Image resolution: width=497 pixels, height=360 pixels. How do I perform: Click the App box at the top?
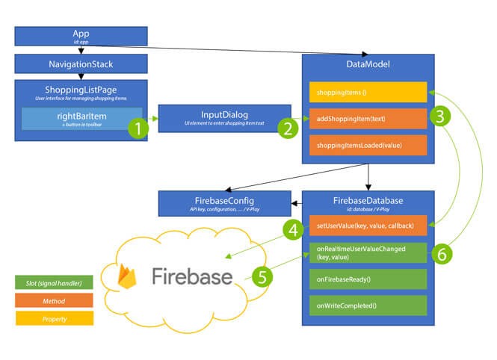[81, 36]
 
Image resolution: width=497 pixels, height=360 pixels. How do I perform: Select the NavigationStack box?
[81, 65]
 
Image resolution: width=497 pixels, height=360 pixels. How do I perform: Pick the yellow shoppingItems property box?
[367, 92]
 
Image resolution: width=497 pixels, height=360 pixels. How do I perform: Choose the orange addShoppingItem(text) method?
[367, 118]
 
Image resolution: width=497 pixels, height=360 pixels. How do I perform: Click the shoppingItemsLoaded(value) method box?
[367, 145]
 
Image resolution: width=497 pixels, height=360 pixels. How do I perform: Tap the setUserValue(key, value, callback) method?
[367, 226]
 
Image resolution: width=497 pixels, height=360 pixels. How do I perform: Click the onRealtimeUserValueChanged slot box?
[367, 252]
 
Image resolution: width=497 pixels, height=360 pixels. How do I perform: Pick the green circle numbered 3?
[442, 117]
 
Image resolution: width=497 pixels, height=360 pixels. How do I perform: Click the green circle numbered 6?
[442, 253]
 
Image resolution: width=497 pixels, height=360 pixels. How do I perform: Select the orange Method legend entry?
[54, 301]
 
